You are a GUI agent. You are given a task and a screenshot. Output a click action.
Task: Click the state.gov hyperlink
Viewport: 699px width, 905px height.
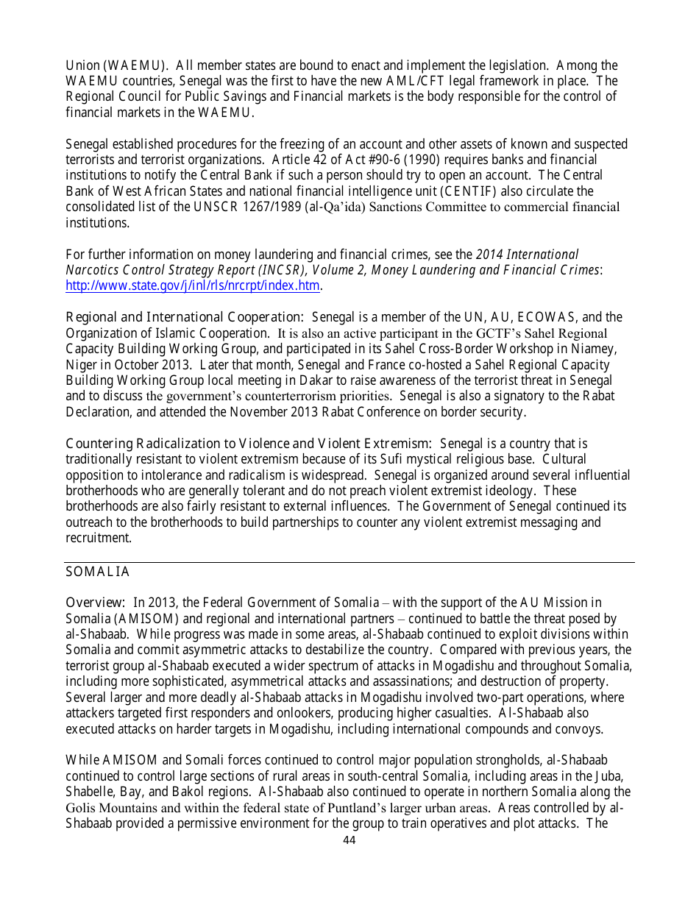point(193,286)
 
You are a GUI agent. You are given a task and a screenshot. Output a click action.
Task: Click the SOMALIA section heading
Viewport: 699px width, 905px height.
point(97,572)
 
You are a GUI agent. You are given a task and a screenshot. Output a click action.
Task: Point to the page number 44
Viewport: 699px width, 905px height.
point(349,840)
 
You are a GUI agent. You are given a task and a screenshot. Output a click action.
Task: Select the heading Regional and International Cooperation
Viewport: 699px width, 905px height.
point(184,317)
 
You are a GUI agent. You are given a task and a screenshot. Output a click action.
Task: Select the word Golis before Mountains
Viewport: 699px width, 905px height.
point(81,808)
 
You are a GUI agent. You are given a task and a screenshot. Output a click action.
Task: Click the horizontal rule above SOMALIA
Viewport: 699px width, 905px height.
point(349,563)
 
